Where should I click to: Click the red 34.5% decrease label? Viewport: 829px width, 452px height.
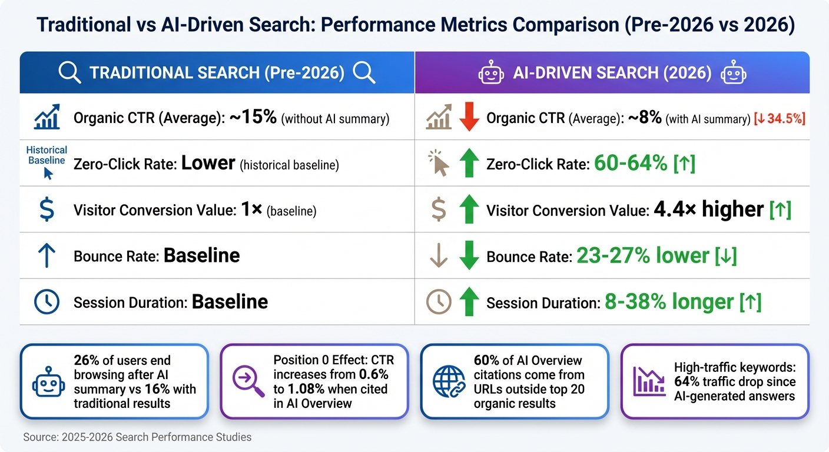pos(780,118)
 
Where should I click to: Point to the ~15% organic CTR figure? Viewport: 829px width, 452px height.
pos(253,117)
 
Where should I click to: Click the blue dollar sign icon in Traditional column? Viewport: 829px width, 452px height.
pos(47,210)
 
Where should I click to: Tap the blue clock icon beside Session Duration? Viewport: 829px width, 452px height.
pos(47,302)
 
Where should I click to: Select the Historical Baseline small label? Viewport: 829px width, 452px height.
pos(47,155)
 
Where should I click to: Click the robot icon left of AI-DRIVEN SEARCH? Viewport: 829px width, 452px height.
pos(491,73)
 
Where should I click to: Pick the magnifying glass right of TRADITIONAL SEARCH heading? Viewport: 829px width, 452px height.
pos(363,73)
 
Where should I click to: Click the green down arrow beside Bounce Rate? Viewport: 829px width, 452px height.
pos(469,255)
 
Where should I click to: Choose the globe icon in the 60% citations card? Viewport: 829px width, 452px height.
pos(449,381)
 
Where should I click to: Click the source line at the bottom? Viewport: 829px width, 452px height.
pos(137,437)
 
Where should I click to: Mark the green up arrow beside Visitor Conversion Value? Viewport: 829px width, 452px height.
pos(469,210)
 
